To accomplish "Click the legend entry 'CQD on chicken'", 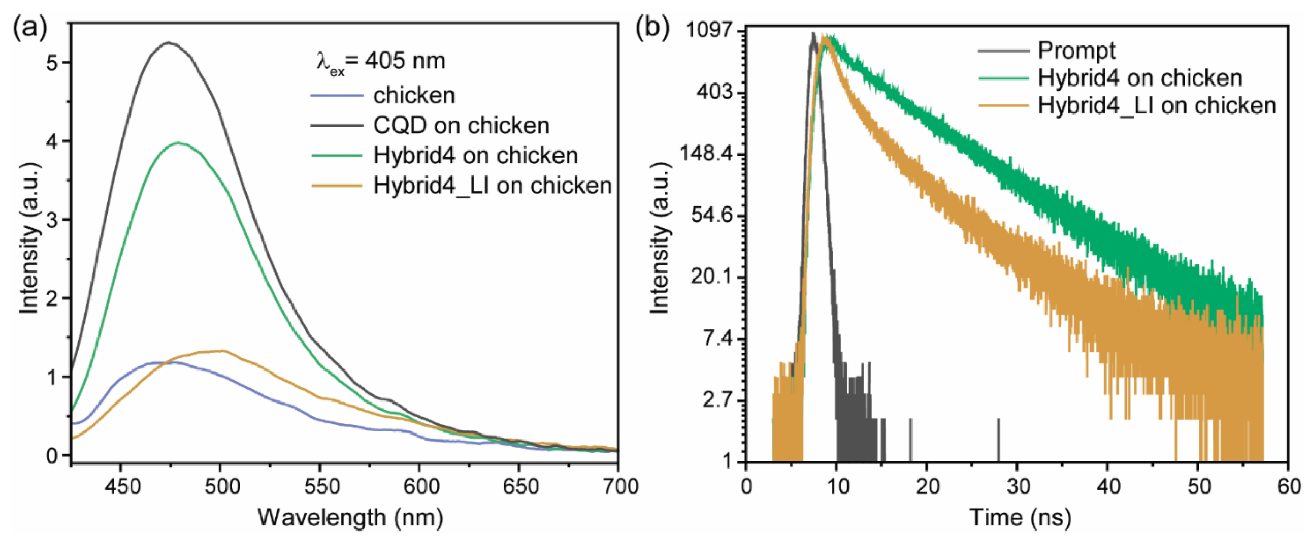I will point(461,126).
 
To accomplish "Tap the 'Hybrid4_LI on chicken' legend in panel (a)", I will point(492,185).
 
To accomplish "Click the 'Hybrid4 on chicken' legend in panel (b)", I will point(1139,78).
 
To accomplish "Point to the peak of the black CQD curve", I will point(169,43).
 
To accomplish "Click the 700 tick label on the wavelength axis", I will point(618,487).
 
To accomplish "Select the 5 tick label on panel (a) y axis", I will point(52,63).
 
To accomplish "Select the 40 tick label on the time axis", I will point(1108,487).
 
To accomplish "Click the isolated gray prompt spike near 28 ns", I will point(998,439).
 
